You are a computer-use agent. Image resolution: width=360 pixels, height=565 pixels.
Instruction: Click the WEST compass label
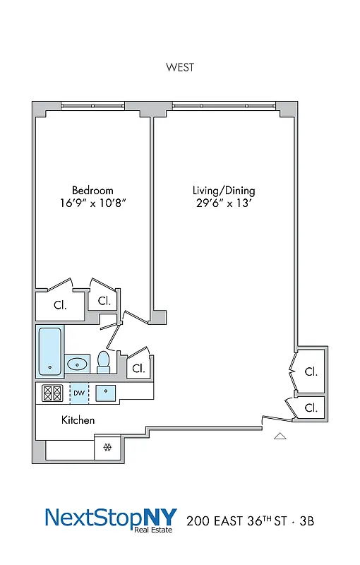pos(180,68)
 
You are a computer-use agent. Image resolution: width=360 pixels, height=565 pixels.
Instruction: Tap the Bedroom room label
pos(92,191)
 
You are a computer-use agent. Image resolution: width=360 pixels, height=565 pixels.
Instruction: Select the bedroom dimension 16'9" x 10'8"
pos(92,203)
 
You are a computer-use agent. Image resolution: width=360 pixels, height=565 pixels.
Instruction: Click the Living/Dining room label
pos(224,191)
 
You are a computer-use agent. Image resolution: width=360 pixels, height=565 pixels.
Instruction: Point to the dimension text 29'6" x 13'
pos(224,203)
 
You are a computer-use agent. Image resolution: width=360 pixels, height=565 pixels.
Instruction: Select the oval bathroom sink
pos(78,364)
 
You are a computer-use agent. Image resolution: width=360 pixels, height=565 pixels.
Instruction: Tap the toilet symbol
pos(104,362)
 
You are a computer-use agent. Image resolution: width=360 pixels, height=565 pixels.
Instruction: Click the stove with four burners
pos(53,393)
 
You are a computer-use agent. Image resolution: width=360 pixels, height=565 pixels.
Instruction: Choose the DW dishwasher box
pos(79,393)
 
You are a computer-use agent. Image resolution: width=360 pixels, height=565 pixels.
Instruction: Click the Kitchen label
pos(78,420)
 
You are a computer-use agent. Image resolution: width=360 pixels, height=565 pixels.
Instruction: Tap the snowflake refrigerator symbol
pos(108,447)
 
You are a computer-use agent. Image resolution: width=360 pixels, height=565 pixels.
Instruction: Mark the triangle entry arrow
pos(280,436)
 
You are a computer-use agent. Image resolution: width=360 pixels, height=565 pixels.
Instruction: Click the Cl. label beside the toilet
pos(138,368)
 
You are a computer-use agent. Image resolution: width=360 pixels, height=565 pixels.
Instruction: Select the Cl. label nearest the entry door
pos(311,408)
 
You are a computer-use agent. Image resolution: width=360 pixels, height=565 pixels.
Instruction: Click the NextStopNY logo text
pos(111,518)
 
